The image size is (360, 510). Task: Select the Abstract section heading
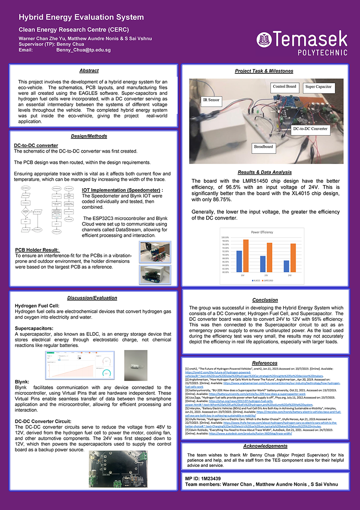[89, 71]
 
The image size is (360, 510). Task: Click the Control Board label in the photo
[284, 86]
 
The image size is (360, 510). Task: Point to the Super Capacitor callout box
[318, 86]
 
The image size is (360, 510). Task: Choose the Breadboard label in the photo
[263, 147]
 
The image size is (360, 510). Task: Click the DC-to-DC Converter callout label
[310, 128]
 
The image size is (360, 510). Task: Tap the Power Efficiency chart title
[262, 232]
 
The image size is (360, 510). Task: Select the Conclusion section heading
[265, 300]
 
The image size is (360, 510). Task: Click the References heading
[265, 363]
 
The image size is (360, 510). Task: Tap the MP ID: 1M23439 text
[203, 478]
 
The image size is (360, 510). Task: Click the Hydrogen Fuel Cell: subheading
[34, 306]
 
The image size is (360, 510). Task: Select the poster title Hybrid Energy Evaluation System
[81, 18]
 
